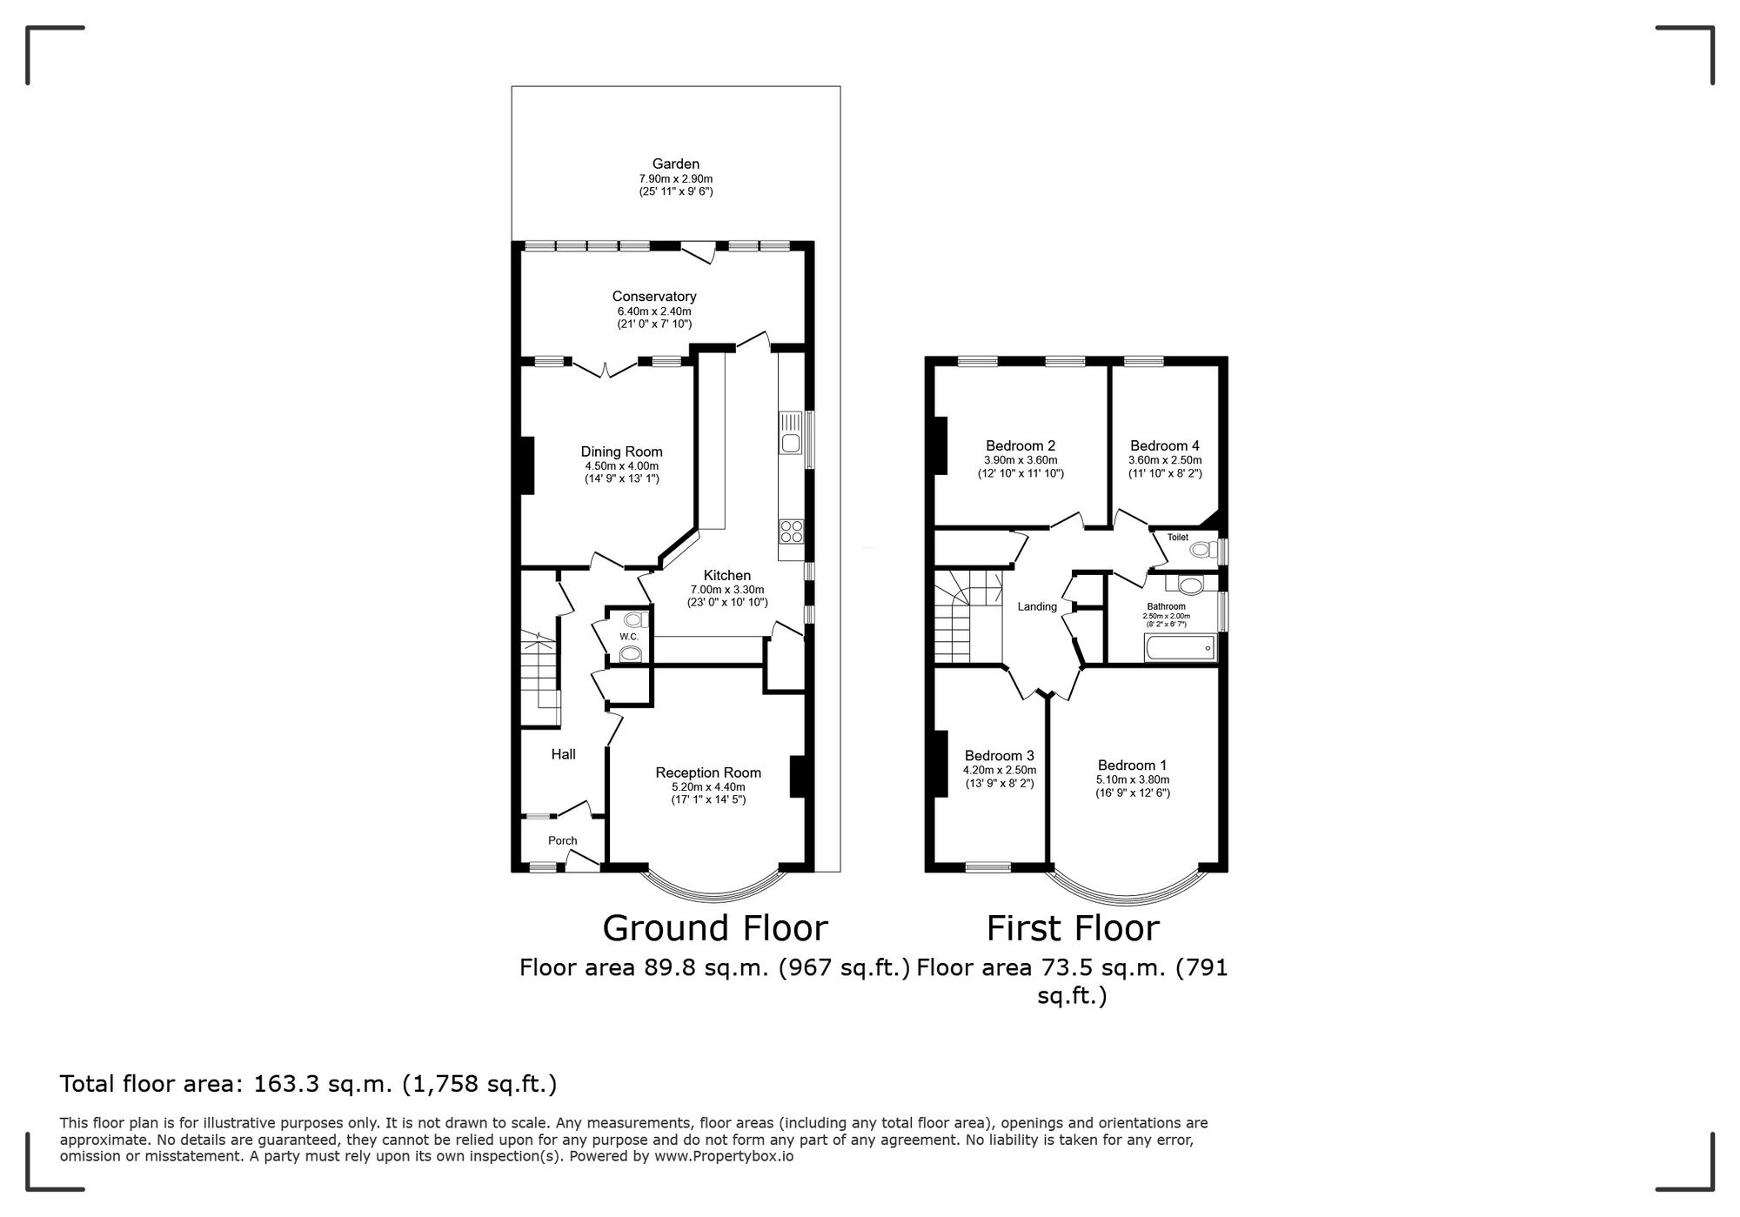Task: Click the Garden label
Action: click(x=676, y=164)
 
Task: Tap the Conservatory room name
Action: click(x=654, y=297)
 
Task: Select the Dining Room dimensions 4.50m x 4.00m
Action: click(x=621, y=466)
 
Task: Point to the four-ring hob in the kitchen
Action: click(x=791, y=531)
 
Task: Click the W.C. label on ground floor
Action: click(x=629, y=637)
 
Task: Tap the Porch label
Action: click(x=563, y=840)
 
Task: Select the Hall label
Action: click(x=563, y=754)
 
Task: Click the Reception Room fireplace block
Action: click(x=796, y=777)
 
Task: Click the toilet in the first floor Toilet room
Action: click(x=1204, y=550)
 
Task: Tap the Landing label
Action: click(x=1037, y=607)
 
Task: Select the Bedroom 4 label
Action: click(x=1165, y=445)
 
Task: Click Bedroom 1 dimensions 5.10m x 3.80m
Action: click(x=1133, y=779)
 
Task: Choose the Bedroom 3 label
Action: click(x=1000, y=755)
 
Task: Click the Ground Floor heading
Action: click(x=715, y=928)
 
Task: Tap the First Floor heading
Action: click(x=1073, y=928)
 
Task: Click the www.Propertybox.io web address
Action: click(x=723, y=1157)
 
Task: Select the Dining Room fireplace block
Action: click(x=526, y=465)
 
